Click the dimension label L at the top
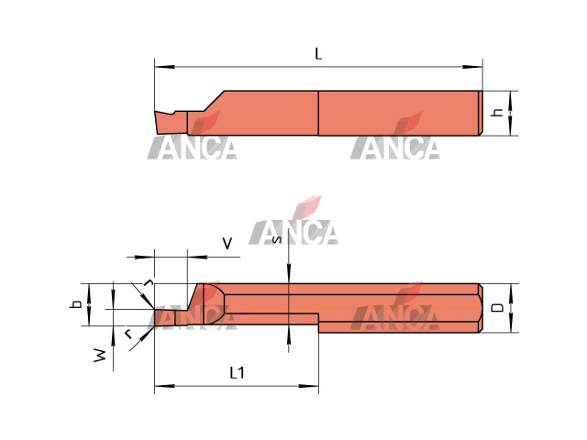coord(318,54)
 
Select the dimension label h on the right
coord(497,113)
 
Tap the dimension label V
coord(227,243)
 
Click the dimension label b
coord(78,303)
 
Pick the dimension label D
coord(497,308)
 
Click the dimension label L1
coord(236,372)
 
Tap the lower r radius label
coord(128,333)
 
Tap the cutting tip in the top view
coord(157,115)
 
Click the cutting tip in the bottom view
coord(157,317)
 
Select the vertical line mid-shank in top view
coord(318,113)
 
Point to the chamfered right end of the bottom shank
coord(479,308)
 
